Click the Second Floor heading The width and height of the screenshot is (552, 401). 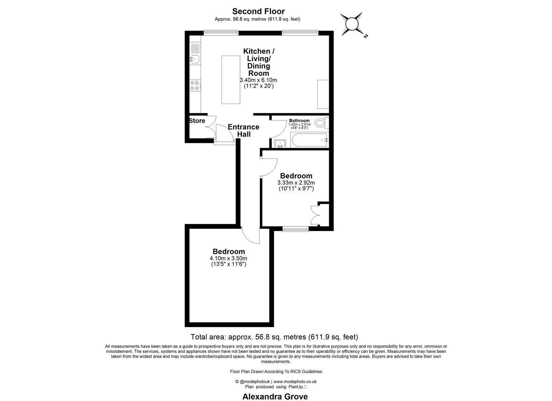click(258, 12)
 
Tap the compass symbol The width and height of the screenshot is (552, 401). click(351, 24)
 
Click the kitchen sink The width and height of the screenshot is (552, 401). click(195, 59)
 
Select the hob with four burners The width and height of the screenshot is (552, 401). click(195, 86)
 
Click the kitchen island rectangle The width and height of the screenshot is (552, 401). click(231, 79)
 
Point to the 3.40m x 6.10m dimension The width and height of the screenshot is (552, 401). click(258, 80)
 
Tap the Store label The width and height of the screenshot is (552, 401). click(197, 121)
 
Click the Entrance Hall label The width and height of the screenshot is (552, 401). click(243, 131)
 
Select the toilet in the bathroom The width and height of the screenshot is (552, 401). click(320, 123)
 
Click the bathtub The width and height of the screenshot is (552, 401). click(309, 140)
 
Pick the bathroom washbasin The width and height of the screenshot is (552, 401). click(280, 143)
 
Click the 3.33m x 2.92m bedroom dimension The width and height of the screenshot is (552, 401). click(296, 183)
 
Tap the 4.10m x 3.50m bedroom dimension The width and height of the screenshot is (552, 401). click(228, 258)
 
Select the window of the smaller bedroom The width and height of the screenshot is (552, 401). click(296, 229)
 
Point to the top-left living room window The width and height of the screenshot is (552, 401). click(221, 33)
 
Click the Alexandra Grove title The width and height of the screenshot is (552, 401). click(275, 397)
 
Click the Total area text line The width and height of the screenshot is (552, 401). click(274, 337)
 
